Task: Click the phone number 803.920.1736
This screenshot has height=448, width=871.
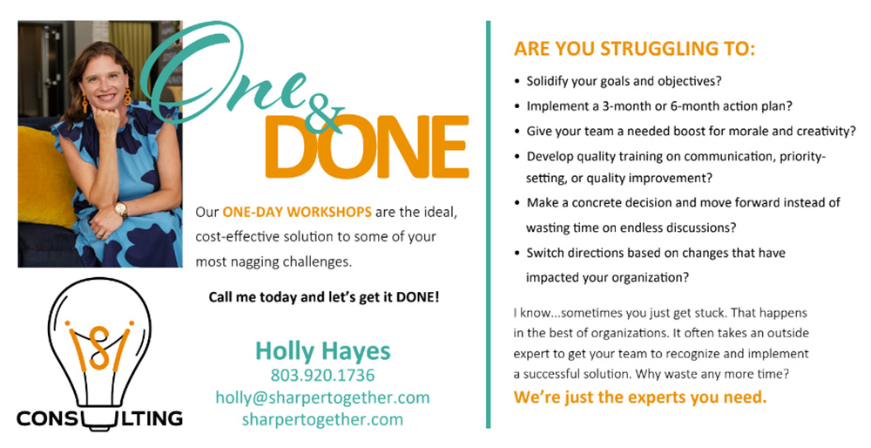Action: pyautogui.click(x=323, y=375)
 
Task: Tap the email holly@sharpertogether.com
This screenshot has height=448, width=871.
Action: pyautogui.click(x=323, y=397)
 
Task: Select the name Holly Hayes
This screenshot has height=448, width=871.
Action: pyautogui.click(x=323, y=351)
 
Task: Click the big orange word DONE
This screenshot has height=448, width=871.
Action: pyautogui.click(x=368, y=146)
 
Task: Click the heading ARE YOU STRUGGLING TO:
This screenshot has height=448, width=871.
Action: pyautogui.click(x=634, y=49)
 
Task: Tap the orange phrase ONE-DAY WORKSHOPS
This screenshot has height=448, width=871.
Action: pyautogui.click(x=297, y=212)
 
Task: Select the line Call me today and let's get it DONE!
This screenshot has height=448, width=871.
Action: pyautogui.click(x=324, y=297)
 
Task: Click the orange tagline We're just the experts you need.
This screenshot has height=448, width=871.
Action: pyautogui.click(x=640, y=397)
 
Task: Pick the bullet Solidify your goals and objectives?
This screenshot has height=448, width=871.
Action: pyautogui.click(x=624, y=81)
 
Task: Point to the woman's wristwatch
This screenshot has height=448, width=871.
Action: pyautogui.click(x=120, y=209)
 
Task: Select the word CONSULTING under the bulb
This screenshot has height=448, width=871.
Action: pyautogui.click(x=99, y=418)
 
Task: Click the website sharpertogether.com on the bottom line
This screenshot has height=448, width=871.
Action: pyautogui.click(x=323, y=419)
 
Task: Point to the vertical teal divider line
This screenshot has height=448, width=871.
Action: pyautogui.click(x=489, y=225)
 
